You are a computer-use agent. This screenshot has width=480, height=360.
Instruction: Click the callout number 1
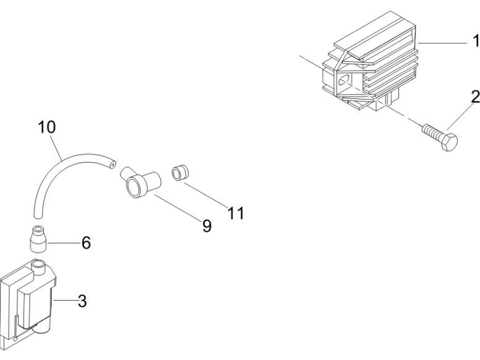point(476,41)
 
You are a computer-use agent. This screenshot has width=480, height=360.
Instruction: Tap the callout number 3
point(82,301)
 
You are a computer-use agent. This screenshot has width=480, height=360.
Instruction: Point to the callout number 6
point(86,242)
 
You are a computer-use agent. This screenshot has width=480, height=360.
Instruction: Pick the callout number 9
point(207,226)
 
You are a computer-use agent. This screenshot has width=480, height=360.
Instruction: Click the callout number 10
point(47,127)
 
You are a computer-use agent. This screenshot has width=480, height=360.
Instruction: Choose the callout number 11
point(236,213)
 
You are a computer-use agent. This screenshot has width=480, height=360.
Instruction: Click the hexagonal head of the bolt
point(450,142)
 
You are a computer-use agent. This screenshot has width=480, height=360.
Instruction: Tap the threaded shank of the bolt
point(433,132)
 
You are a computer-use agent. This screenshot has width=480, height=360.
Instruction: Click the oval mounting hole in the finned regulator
point(343,80)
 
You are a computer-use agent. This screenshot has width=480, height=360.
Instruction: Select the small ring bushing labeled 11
point(180,173)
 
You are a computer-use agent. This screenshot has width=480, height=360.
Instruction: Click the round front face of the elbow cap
point(134,186)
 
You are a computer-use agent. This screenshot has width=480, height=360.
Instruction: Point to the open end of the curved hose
point(113,165)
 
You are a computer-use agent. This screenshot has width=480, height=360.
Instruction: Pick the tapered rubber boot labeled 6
point(38,239)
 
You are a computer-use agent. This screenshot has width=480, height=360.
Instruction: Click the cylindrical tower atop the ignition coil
point(38,267)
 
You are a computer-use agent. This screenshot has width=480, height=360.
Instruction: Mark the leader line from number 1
point(443,43)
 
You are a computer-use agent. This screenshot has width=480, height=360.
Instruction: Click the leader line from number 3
point(65,301)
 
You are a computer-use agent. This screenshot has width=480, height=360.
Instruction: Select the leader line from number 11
point(206,196)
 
